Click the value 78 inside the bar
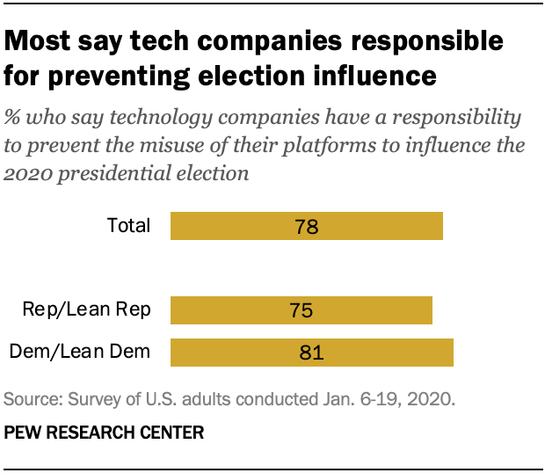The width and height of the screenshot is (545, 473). click(306, 227)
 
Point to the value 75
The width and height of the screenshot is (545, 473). click(301, 311)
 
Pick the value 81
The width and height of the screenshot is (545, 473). click(311, 353)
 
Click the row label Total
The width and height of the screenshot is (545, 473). click(128, 226)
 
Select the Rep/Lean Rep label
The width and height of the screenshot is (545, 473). click(87, 309)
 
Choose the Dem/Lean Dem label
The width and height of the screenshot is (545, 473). click(80, 353)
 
